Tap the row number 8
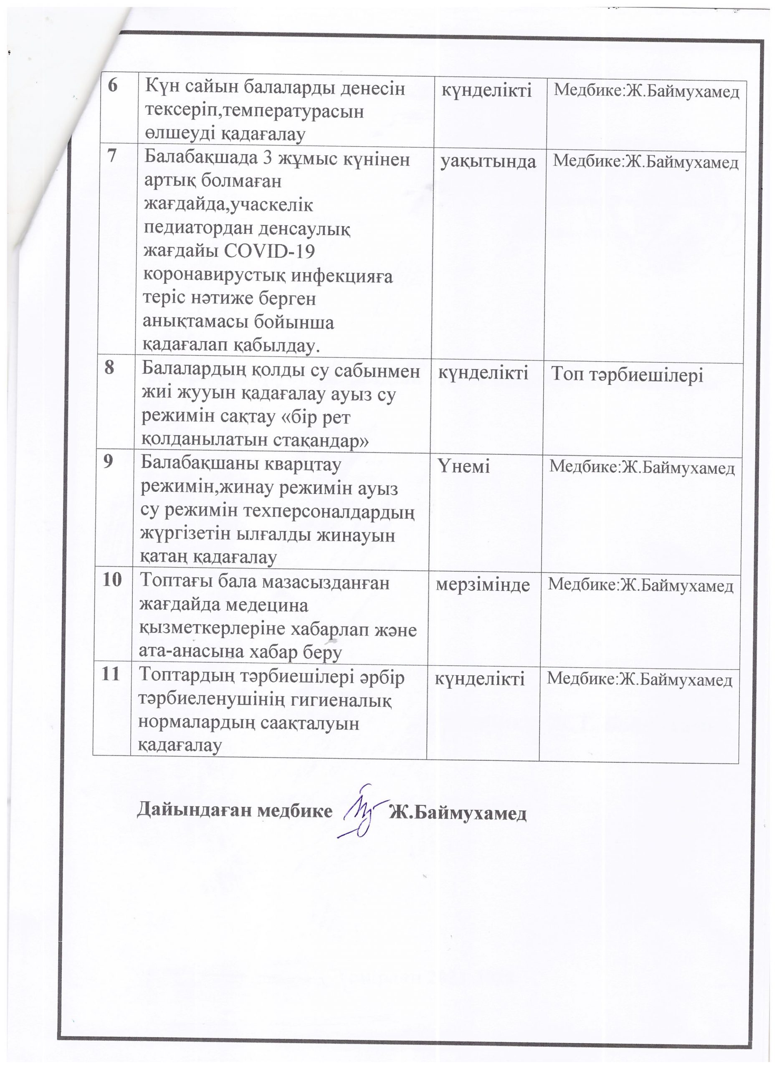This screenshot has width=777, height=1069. click(x=109, y=367)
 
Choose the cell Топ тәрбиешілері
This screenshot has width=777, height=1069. click(x=627, y=375)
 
